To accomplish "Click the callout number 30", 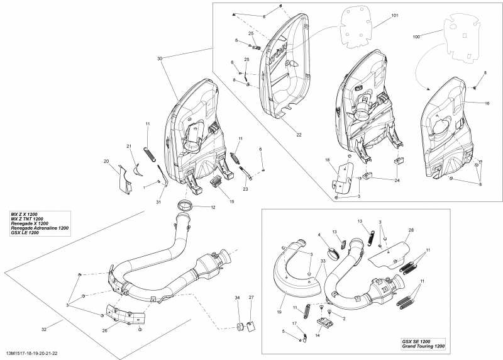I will [160, 58].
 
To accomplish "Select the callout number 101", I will [395, 15].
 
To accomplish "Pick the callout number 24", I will [397, 181].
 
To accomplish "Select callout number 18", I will [327, 161].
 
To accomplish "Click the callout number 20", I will [106, 162].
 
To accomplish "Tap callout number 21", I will [129, 147].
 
